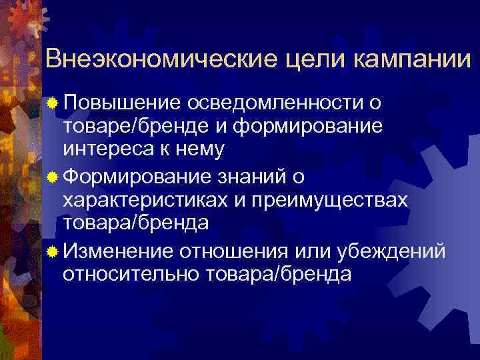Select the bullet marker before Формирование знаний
point(53,177)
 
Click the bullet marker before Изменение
point(53,250)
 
